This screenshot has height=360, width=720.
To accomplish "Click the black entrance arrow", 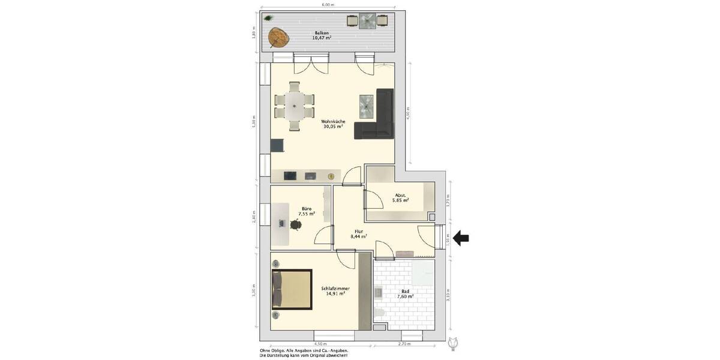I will (x=461, y=239).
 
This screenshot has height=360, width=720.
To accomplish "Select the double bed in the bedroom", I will (x=292, y=289).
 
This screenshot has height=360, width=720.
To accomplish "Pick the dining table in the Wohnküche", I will (x=294, y=106).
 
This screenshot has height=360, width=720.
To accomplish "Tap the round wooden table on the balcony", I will (x=278, y=38).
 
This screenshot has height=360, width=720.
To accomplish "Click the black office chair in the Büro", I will (x=295, y=225).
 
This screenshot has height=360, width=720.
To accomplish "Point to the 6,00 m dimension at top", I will (x=327, y=5).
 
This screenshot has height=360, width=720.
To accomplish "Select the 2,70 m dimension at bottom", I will (x=404, y=344).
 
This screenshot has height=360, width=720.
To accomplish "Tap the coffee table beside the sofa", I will (x=367, y=106).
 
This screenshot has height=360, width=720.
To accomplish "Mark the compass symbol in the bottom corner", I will (x=454, y=343).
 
